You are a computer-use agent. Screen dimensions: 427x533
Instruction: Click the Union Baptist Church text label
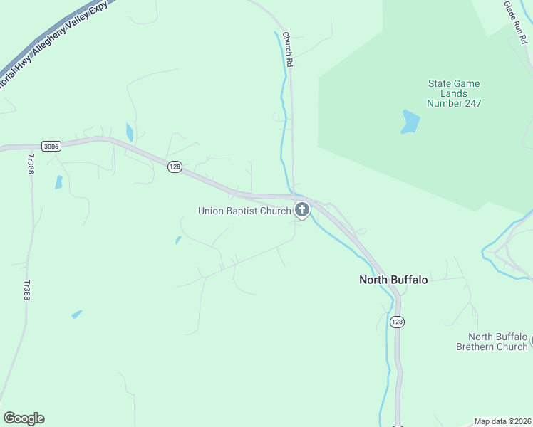[x=244, y=211]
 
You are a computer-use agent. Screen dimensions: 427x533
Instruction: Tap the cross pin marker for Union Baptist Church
[x=302, y=210]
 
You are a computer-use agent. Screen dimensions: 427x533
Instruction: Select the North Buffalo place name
[x=393, y=280]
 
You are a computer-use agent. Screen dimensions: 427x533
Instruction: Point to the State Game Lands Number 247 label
[x=454, y=93]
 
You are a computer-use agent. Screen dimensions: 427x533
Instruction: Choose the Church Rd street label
[x=288, y=49]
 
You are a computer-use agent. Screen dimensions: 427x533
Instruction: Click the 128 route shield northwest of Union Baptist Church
[x=175, y=167]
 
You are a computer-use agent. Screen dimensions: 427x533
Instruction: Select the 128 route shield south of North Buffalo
[x=397, y=322]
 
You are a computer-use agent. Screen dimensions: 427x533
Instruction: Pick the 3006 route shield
[x=51, y=146]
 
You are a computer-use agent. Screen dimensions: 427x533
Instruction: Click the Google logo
[x=24, y=418]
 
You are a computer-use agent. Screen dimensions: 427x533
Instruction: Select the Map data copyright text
[x=503, y=421]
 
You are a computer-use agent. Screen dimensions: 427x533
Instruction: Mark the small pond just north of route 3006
[x=129, y=132]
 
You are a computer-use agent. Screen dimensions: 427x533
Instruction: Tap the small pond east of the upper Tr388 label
[x=58, y=181]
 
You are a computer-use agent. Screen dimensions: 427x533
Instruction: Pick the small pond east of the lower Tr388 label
[x=76, y=314]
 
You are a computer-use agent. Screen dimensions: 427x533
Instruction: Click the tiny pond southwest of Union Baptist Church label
[x=178, y=240]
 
